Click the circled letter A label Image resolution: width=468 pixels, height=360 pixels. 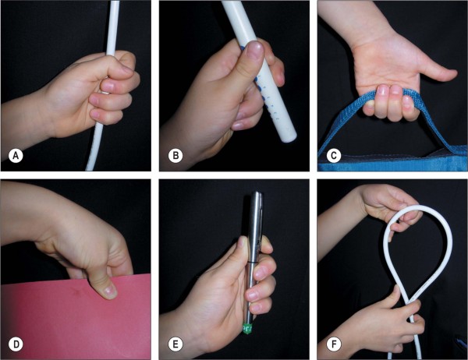(16, 156)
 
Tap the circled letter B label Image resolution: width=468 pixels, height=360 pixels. (175, 156)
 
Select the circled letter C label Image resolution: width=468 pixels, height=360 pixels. (334, 156)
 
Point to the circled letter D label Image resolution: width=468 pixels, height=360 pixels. (16, 344)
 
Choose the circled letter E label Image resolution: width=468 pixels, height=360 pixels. (175, 344)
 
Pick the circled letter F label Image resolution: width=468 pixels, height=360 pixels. (334, 344)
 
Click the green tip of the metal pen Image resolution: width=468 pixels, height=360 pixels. (248, 329)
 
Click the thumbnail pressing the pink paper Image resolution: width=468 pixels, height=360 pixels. (109, 290)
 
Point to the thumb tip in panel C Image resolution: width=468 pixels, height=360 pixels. (452, 74)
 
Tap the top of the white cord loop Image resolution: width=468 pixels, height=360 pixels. (418, 207)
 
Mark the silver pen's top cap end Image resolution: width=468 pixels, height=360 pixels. (257, 194)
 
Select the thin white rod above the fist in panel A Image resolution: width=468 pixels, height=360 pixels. (112, 26)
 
